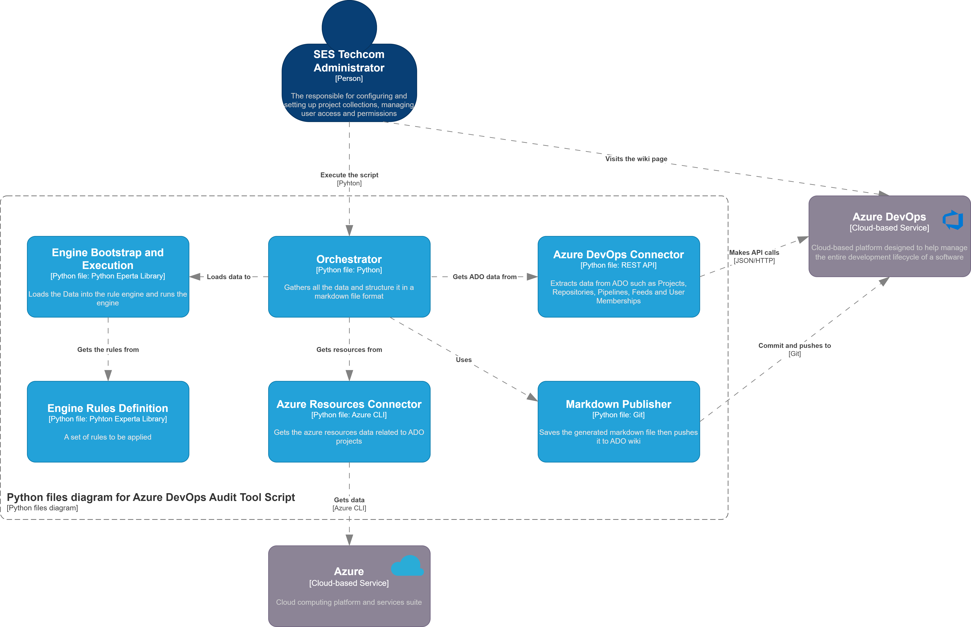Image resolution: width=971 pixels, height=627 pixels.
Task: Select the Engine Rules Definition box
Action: pyautogui.click(x=108, y=421)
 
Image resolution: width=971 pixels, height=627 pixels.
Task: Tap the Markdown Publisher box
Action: pyautogui.click(x=619, y=421)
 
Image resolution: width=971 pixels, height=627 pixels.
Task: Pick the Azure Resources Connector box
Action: pyautogui.click(x=349, y=421)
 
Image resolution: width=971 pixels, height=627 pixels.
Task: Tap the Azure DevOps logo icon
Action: pyautogui.click(x=953, y=220)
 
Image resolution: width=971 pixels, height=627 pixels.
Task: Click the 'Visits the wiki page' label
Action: pyautogui.click(x=636, y=159)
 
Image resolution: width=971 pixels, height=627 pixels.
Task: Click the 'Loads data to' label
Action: pyautogui.click(x=229, y=277)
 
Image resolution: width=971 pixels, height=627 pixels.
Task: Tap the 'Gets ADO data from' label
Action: pyautogui.click(x=485, y=277)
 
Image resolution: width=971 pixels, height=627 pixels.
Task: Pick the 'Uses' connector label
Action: pyautogui.click(x=464, y=360)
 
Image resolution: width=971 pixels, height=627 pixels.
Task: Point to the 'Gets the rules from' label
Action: pyautogui.click(x=108, y=350)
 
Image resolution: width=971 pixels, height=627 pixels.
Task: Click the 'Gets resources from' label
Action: pyautogui.click(x=349, y=350)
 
